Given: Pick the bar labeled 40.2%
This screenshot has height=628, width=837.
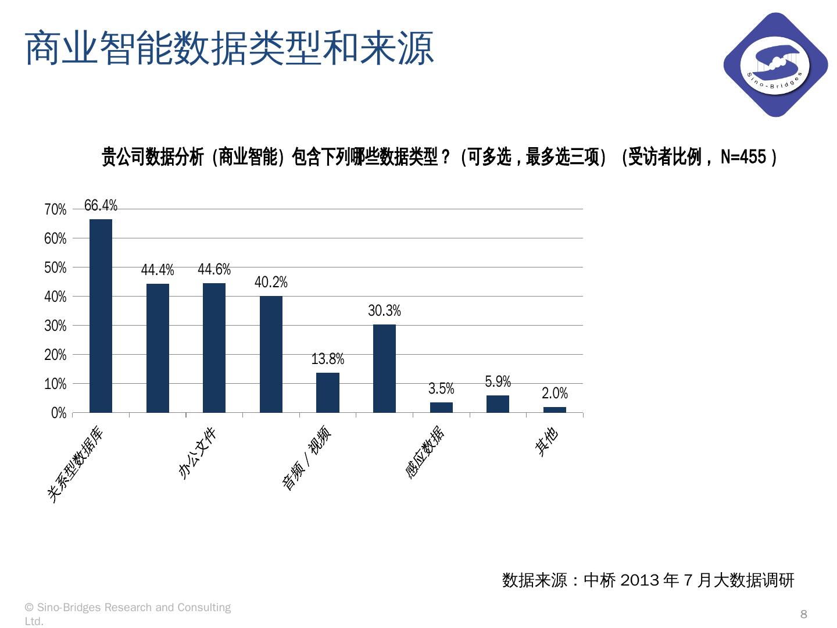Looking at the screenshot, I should coord(271,354).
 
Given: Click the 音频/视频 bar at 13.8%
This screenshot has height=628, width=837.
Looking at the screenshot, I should coord(328,392).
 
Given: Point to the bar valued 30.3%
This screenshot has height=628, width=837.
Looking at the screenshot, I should coord(384,369).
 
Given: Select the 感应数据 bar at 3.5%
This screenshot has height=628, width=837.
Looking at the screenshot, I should coord(441,407).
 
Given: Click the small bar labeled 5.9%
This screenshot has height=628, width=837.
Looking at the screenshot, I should coord(498,404).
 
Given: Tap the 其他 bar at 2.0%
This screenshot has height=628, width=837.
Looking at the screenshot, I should coord(555,409).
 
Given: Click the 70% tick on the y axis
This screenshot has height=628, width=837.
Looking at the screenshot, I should coord(55,209).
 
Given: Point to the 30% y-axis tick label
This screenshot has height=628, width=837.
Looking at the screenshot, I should coord(55,326).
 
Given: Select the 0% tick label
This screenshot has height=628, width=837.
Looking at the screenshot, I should coord(58,413).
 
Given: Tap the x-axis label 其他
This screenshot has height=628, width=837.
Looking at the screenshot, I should coord(546,442).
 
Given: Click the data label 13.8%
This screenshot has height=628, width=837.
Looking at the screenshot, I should coord(328,359).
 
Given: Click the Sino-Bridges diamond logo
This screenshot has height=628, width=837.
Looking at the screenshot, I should coord(775,65).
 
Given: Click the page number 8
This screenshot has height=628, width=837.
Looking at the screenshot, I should coord(804,614).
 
